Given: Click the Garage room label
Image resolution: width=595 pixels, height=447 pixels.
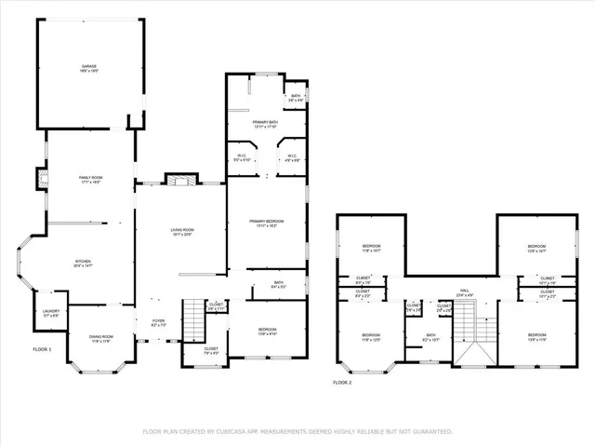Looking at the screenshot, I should (89, 68).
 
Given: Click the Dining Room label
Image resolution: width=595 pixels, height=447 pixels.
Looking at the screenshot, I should (100, 339).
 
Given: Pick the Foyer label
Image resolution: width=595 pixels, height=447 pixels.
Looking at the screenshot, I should (158, 323).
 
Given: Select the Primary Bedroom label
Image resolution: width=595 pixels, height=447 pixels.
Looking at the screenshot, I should (266, 223).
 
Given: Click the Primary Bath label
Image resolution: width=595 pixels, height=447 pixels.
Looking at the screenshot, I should (266, 125).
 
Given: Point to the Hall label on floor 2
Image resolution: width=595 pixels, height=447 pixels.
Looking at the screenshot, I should (464, 292).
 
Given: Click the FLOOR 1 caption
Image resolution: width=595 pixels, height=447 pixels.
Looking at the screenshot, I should (43, 348).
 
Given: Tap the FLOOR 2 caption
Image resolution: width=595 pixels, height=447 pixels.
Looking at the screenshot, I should (344, 382).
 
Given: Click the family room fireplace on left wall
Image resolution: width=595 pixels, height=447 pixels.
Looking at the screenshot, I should (43, 178).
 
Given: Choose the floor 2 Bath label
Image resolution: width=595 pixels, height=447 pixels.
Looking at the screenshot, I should (430, 337).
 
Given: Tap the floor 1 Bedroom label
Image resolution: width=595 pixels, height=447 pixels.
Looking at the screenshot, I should (266, 331).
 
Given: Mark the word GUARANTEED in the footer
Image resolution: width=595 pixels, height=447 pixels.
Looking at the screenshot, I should (431, 431).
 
